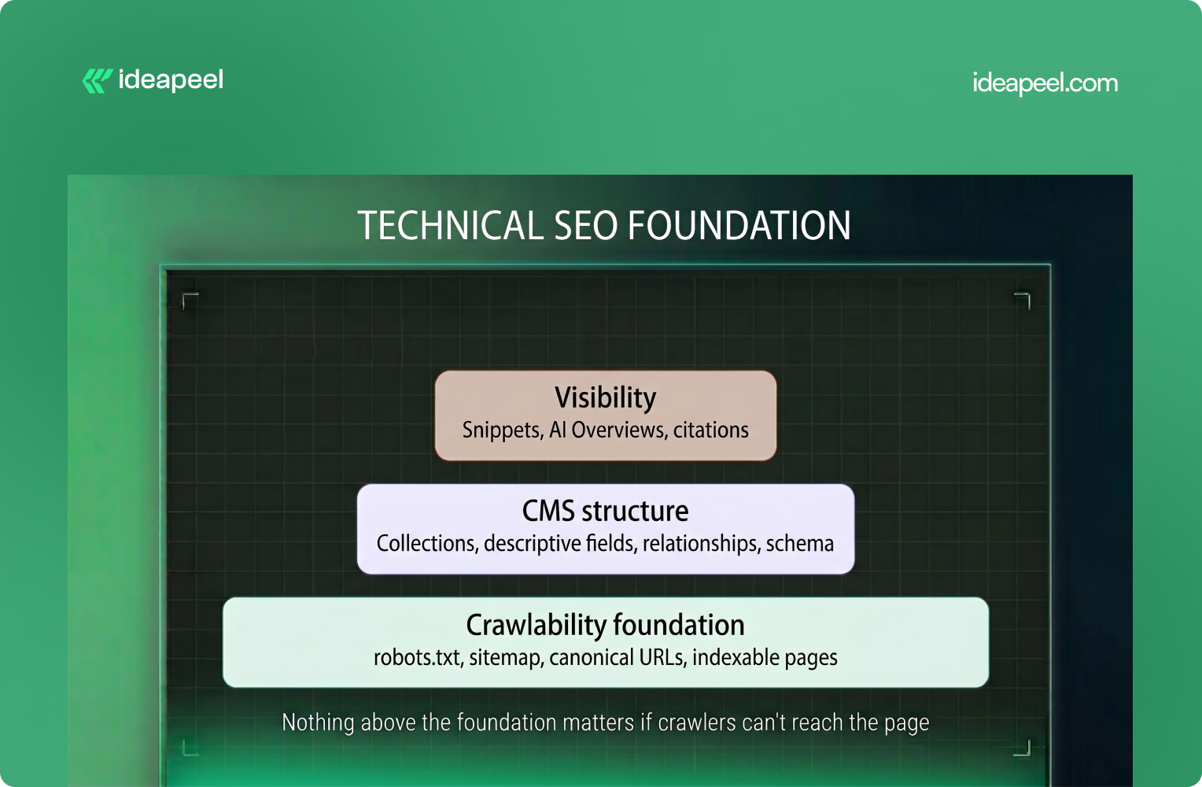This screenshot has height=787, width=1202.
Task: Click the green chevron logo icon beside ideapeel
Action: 97,80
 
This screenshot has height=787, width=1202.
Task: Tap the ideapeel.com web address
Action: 1045,83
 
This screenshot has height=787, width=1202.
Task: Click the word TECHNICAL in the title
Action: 451,225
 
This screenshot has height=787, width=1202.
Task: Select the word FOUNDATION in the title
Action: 739,225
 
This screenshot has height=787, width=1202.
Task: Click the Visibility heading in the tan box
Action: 605,397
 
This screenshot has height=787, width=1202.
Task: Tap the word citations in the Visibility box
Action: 711,430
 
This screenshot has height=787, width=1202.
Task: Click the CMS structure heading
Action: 605,511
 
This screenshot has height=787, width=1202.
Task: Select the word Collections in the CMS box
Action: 427,543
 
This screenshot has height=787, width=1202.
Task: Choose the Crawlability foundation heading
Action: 605,625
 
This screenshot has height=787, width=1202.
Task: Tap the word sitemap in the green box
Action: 505,658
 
